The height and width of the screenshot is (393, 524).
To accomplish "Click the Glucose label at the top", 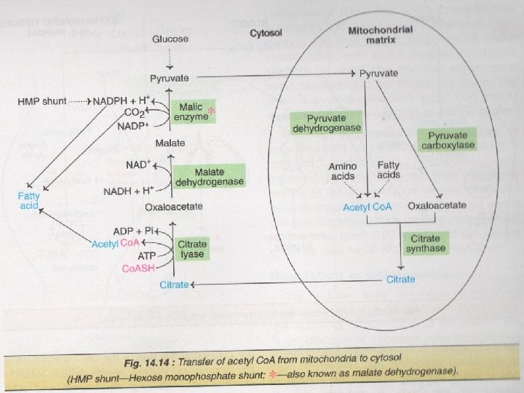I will click(x=170, y=39).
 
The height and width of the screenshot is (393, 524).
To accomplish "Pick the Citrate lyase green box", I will click(x=193, y=249).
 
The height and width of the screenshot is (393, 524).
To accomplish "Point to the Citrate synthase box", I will click(x=426, y=244).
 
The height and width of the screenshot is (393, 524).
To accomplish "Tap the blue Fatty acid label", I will click(x=29, y=200).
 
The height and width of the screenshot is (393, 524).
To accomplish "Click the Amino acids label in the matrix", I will click(x=341, y=172).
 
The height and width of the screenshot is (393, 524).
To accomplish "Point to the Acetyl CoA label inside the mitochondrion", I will click(x=368, y=207).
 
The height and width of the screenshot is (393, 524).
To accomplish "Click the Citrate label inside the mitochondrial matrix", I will click(x=400, y=279).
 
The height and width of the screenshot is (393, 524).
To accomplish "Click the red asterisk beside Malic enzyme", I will click(x=212, y=111).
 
